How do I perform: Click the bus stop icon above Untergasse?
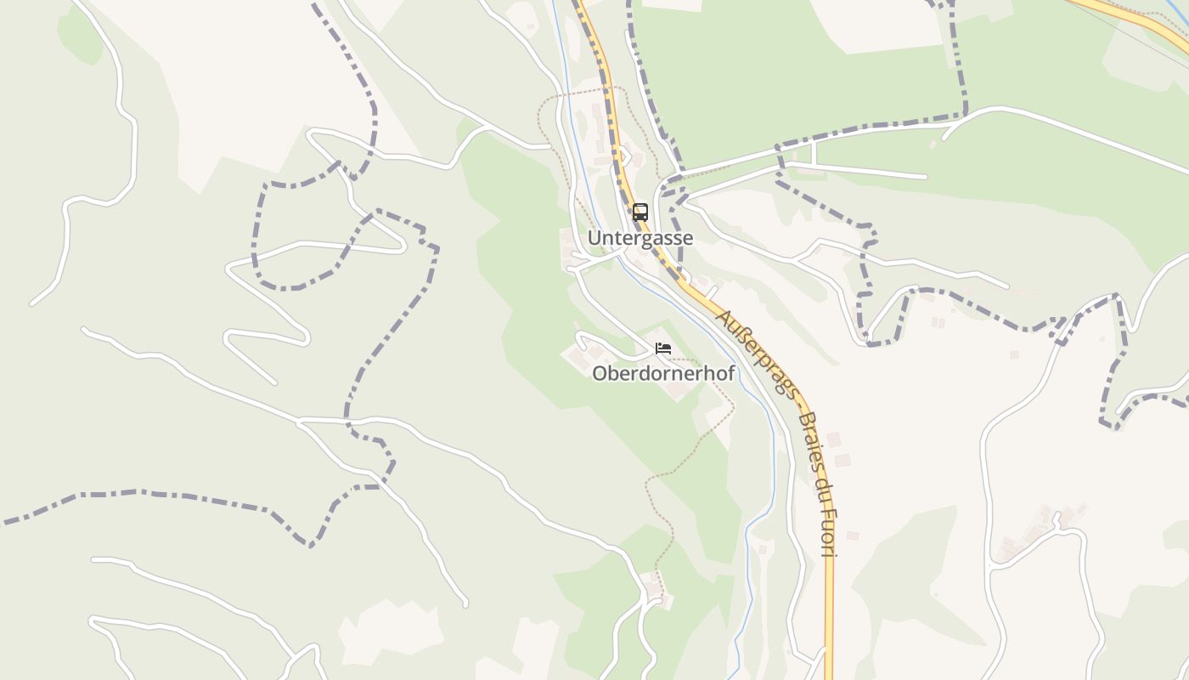pyautogui.click(x=640, y=212)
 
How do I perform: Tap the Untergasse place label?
pyautogui.click(x=640, y=239)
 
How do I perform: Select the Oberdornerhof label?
pyautogui.click(x=663, y=373)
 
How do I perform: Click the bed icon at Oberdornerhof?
pyautogui.click(x=663, y=348)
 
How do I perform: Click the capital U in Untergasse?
pyautogui.click(x=594, y=239)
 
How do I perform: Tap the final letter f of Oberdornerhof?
pyautogui.click(x=731, y=373)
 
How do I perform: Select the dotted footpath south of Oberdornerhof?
pyautogui.click(x=679, y=467)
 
